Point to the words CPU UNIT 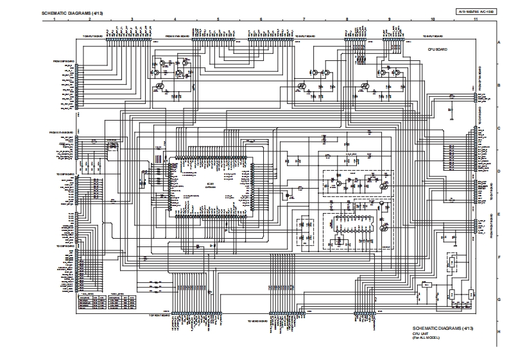pyautogui.click(x=421, y=334)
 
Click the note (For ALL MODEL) pyautogui.click(x=426, y=338)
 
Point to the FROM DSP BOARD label pyautogui.click(x=64, y=61)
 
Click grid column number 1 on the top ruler pyautogui.click(x=55, y=20)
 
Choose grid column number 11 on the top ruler pyautogui.click(x=475, y=20)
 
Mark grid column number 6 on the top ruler pyautogui.click(x=261, y=20)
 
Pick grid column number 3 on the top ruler pyautogui.click(x=132, y=20)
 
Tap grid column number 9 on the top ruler pyautogui.click(x=389, y=20)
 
